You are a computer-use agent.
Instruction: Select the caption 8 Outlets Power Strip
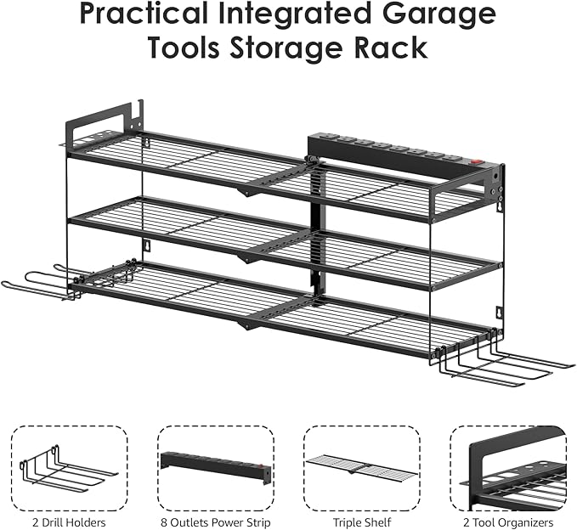pos(216,522)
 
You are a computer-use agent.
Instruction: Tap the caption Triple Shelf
pos(362,522)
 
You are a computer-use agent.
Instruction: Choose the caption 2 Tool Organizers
pos(508,522)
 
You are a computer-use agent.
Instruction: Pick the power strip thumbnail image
pos(216,468)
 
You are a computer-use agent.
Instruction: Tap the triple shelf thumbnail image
pos(362,468)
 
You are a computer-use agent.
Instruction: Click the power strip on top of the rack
pos(391,154)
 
